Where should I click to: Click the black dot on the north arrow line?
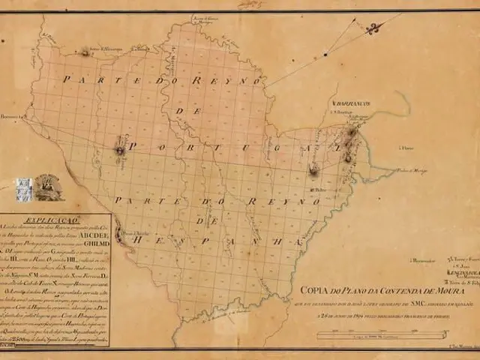coord(325,54)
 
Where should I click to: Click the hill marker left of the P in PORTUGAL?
coord(119,150)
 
